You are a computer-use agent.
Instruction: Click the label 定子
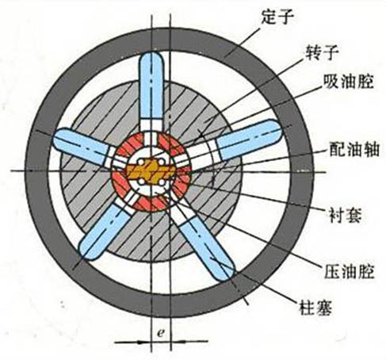277,17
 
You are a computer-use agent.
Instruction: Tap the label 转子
322,52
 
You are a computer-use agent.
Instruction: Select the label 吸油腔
349,82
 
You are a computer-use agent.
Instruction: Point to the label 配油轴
354,149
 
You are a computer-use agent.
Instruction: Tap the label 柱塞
315,308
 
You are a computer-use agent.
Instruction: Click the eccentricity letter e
160,332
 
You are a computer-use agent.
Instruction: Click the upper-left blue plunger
82,145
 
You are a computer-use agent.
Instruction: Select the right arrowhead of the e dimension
178,342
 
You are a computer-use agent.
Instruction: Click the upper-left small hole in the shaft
141,162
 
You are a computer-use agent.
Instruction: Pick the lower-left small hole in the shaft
141,182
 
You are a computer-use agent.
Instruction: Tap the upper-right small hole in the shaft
161,162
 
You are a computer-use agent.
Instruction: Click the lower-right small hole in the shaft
161,182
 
